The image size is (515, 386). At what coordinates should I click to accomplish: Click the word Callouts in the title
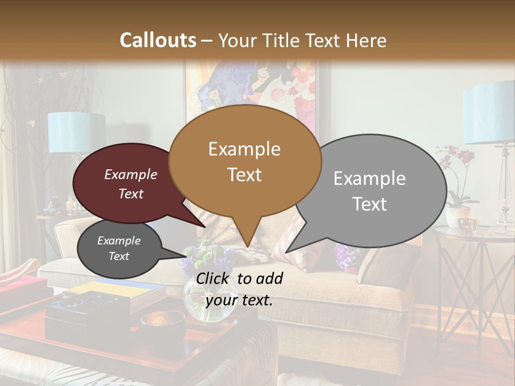pyautogui.click(x=158, y=40)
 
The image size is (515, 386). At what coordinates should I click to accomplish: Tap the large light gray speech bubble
pyautogui.click(x=376, y=190)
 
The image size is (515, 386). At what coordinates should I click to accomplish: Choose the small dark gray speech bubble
pyautogui.click(x=119, y=248)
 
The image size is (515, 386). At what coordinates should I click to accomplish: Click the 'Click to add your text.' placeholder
pyautogui.click(x=239, y=289)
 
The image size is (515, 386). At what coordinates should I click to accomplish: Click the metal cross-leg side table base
pyautogui.click(x=472, y=289)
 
